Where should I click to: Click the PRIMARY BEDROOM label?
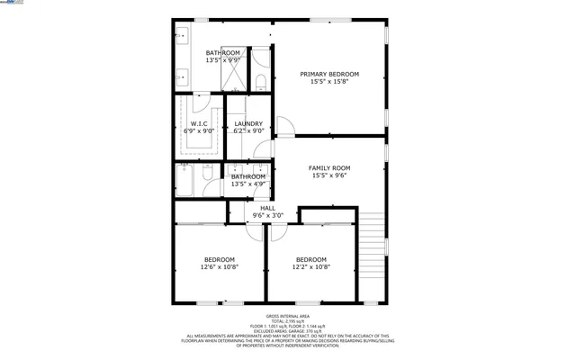coord(329,74)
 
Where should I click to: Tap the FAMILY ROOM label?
coord(329,168)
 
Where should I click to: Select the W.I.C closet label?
coord(199,123)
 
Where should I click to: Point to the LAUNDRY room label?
coord(248,123)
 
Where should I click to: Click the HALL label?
coord(267,208)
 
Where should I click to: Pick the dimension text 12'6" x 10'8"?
coord(218,266)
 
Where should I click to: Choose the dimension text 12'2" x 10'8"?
coord(311,266)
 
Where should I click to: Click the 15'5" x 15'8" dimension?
coord(329,82)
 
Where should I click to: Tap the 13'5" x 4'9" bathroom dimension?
coord(248,184)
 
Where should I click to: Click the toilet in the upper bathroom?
coord(260,84)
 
